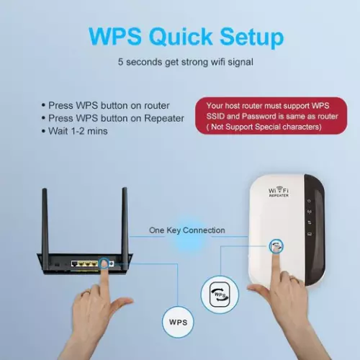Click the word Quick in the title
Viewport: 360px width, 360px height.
click(181, 37)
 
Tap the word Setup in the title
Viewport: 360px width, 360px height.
click(252, 37)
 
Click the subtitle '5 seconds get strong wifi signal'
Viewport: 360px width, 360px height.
click(186, 62)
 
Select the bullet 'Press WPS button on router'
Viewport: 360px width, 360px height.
click(106, 105)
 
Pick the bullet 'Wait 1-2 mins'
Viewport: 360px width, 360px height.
click(74, 131)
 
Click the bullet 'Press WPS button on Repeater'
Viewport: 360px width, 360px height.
click(113, 118)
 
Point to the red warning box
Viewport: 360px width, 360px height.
click(271, 116)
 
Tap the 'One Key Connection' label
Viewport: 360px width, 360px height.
click(187, 230)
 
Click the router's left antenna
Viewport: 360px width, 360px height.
click(45, 221)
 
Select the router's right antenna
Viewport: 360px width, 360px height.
click(125, 221)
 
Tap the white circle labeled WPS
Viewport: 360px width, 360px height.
click(178, 322)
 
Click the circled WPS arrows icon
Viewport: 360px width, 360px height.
click(220, 294)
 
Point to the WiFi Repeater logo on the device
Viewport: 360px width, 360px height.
click(279, 192)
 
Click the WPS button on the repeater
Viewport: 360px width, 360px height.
click(276, 246)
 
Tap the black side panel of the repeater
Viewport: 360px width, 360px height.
click(315, 230)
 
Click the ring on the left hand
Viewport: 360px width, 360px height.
click(87, 293)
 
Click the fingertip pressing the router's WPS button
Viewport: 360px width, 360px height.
click(104, 264)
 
